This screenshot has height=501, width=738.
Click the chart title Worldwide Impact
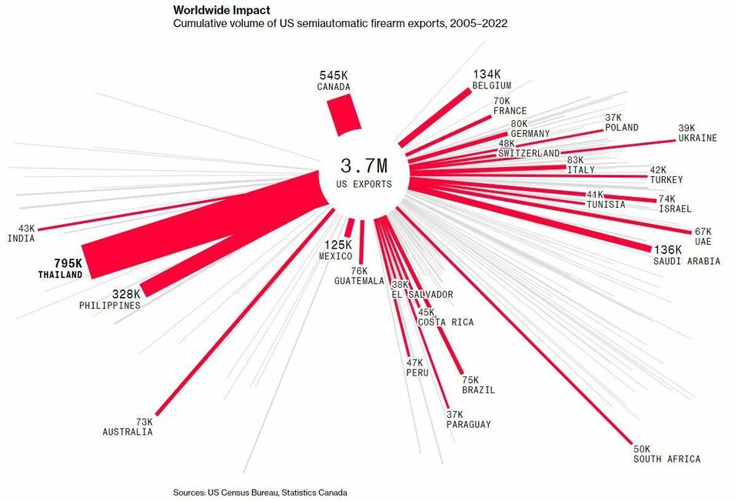(x=222, y=11)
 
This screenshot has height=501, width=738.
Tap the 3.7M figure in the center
(x=364, y=166)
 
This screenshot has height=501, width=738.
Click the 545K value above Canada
(x=334, y=75)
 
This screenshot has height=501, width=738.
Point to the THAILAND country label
(x=60, y=275)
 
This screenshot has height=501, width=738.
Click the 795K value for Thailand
(x=67, y=263)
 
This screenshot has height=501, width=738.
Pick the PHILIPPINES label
(x=110, y=306)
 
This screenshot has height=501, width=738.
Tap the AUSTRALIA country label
(x=128, y=433)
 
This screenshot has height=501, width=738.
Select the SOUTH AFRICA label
(x=667, y=459)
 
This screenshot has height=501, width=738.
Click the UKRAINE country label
(x=697, y=139)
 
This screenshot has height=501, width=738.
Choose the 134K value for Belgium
(x=487, y=74)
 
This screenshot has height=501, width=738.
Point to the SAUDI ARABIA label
(x=686, y=262)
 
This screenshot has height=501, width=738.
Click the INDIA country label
(x=21, y=239)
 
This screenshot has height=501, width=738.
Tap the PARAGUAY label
(x=468, y=425)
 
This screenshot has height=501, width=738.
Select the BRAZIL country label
(x=478, y=390)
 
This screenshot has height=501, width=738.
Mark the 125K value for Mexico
(x=337, y=245)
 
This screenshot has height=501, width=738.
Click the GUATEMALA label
(x=359, y=282)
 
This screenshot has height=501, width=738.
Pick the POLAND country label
(x=621, y=128)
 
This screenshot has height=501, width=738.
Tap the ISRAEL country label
(x=675, y=209)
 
